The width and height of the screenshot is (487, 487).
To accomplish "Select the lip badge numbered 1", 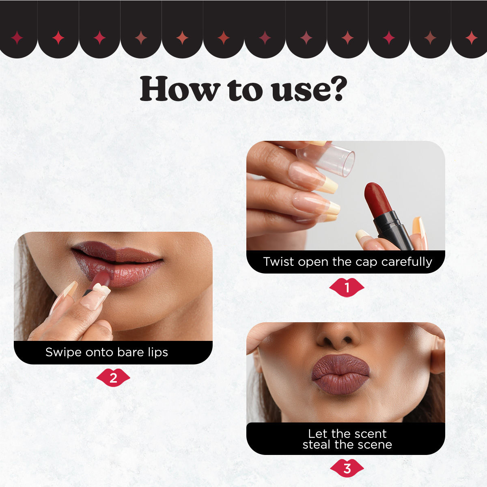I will [x=347, y=287].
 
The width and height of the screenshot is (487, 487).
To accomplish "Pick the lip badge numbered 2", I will [x=113, y=378].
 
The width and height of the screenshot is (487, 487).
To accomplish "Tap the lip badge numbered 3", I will [x=347, y=468].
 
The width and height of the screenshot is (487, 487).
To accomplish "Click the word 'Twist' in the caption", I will [x=278, y=262].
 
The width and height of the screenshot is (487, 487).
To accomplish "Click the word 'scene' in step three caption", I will [x=374, y=445].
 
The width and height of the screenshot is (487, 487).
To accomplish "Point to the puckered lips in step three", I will [x=340, y=374].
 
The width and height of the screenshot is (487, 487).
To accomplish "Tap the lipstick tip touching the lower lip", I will [x=101, y=279].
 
